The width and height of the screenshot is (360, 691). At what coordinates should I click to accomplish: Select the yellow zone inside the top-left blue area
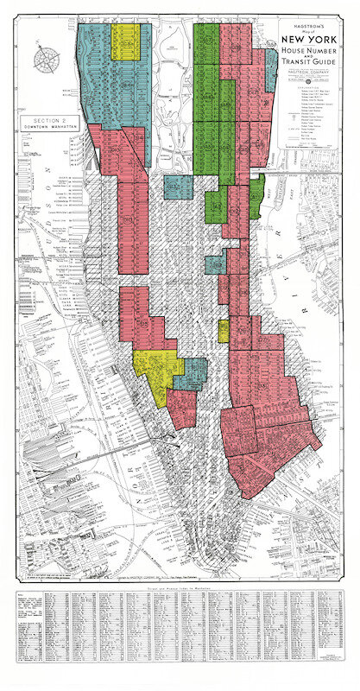point(127,41)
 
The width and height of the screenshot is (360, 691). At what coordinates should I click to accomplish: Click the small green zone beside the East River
point(256,195)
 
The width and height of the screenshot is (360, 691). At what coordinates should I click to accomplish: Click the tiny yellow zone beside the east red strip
point(224,331)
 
